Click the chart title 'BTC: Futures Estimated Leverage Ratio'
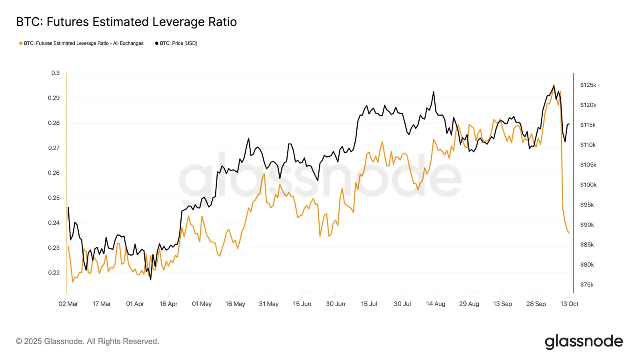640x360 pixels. click(126, 22)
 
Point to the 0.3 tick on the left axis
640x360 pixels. click(55, 73)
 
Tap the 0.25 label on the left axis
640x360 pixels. click(54, 198)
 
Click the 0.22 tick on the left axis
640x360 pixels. click(54, 272)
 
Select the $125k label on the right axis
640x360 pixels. click(588, 85)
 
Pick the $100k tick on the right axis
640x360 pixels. click(588, 185)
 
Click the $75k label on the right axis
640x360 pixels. click(587, 284)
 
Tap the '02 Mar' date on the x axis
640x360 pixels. click(68, 304)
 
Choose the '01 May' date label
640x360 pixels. click(202, 304)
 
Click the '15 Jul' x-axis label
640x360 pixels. click(369, 304)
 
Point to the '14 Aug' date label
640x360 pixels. click(436, 304)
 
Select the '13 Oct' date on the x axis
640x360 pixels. click(569, 304)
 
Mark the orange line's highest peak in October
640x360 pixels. click(554, 84)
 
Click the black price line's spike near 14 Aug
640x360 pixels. click(433, 92)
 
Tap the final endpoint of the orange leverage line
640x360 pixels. click(569, 233)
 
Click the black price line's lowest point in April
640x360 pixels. click(150, 280)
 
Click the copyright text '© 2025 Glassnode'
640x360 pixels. click(87, 341)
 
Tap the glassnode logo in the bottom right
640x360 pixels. click(584, 342)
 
